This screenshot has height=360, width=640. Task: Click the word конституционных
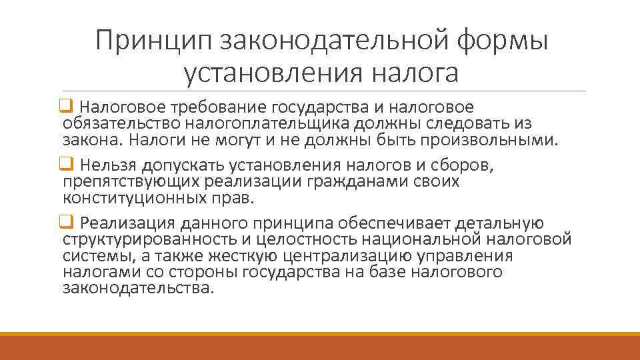tap(135, 198)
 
